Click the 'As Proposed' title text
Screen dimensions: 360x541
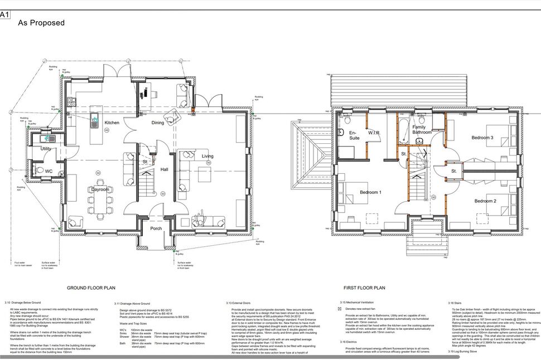pyautogui.click(x=41, y=23)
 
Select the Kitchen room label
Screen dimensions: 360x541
pyautogui.click(x=112, y=123)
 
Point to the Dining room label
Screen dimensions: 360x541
pyautogui.click(x=158, y=123)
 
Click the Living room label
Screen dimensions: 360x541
pyautogui.click(x=207, y=156)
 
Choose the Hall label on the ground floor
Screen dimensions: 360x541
pyautogui.click(x=164, y=169)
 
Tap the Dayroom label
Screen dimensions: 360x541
pyautogui.click(x=100, y=189)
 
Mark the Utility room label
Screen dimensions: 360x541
pyautogui.click(x=46, y=149)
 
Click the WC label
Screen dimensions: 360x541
pyautogui.click(x=49, y=171)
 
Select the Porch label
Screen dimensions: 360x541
pyautogui.click(x=156, y=228)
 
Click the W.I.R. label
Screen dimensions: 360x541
pyautogui.click(x=374, y=133)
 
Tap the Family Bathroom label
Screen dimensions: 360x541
pyautogui.click(x=422, y=130)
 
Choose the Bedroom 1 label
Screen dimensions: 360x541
pyautogui.click(x=370, y=192)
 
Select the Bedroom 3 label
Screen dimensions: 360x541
pyautogui.click(x=482, y=138)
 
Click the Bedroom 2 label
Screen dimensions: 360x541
pyautogui.click(x=485, y=201)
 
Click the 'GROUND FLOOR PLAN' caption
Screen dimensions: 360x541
pyautogui.click(x=91, y=288)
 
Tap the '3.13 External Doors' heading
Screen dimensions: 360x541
pyautogui.click(x=245, y=303)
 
